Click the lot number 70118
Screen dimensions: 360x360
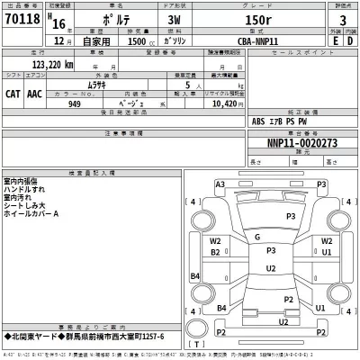24,19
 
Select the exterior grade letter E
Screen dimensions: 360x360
334,41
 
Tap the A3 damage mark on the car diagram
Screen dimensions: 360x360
220,184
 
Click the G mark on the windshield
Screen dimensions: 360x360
258,237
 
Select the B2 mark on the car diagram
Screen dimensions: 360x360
216,252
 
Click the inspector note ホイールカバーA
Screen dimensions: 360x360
31,213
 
